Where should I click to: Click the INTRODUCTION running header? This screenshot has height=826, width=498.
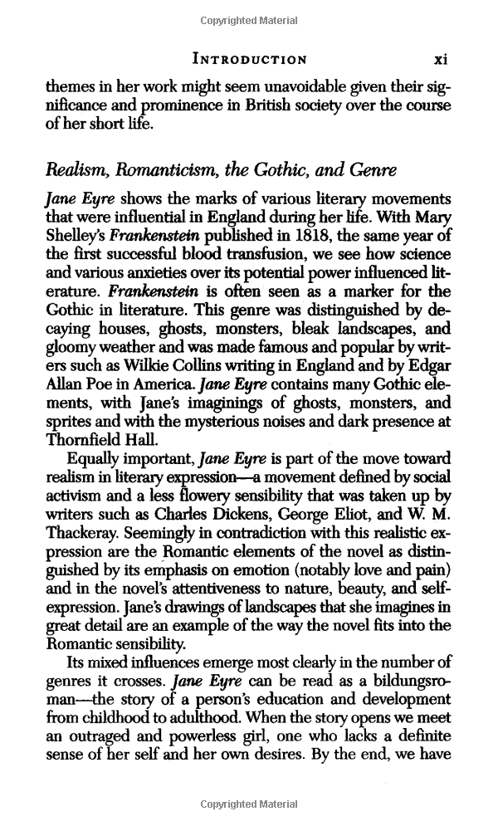249,59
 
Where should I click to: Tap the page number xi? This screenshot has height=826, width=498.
442,59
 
